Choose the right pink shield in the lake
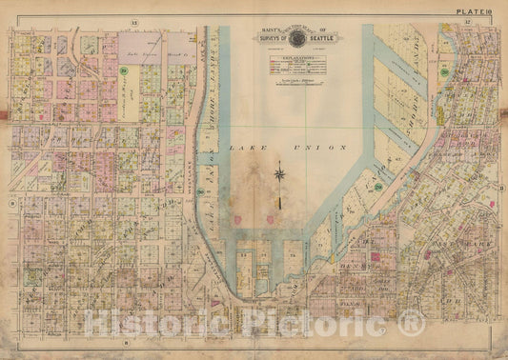(274, 219)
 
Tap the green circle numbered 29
(124, 70)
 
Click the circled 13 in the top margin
(134, 19)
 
